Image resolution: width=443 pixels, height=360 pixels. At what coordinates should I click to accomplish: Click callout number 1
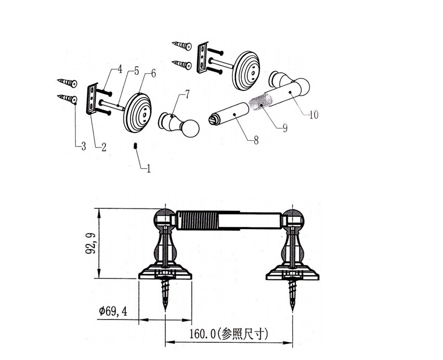click(x=149, y=169)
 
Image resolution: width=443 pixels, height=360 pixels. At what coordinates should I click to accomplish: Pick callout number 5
click(x=136, y=71)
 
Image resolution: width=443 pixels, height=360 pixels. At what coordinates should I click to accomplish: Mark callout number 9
click(x=285, y=127)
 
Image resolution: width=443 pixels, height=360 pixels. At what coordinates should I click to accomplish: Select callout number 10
click(x=313, y=115)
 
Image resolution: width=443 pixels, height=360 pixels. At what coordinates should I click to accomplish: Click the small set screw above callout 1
click(x=135, y=145)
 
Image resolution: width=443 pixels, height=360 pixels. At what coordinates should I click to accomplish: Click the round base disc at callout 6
click(x=138, y=112)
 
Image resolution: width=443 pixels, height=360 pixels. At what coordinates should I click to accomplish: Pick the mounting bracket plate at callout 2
click(x=93, y=98)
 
